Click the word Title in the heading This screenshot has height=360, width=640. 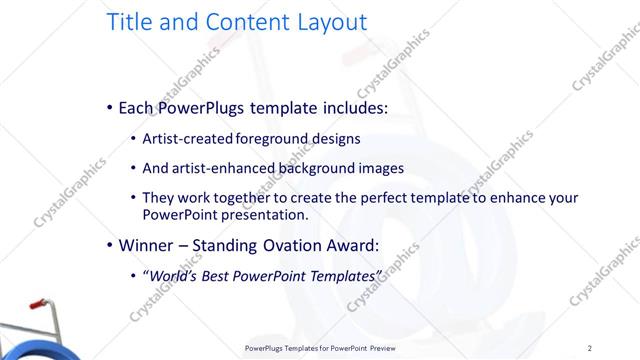pyautogui.click(x=132, y=21)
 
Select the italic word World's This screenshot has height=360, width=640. pyautogui.click(x=175, y=275)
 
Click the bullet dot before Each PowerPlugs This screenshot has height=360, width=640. pyautogui.click(x=109, y=108)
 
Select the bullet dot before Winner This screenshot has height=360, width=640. pyautogui.click(x=109, y=245)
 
